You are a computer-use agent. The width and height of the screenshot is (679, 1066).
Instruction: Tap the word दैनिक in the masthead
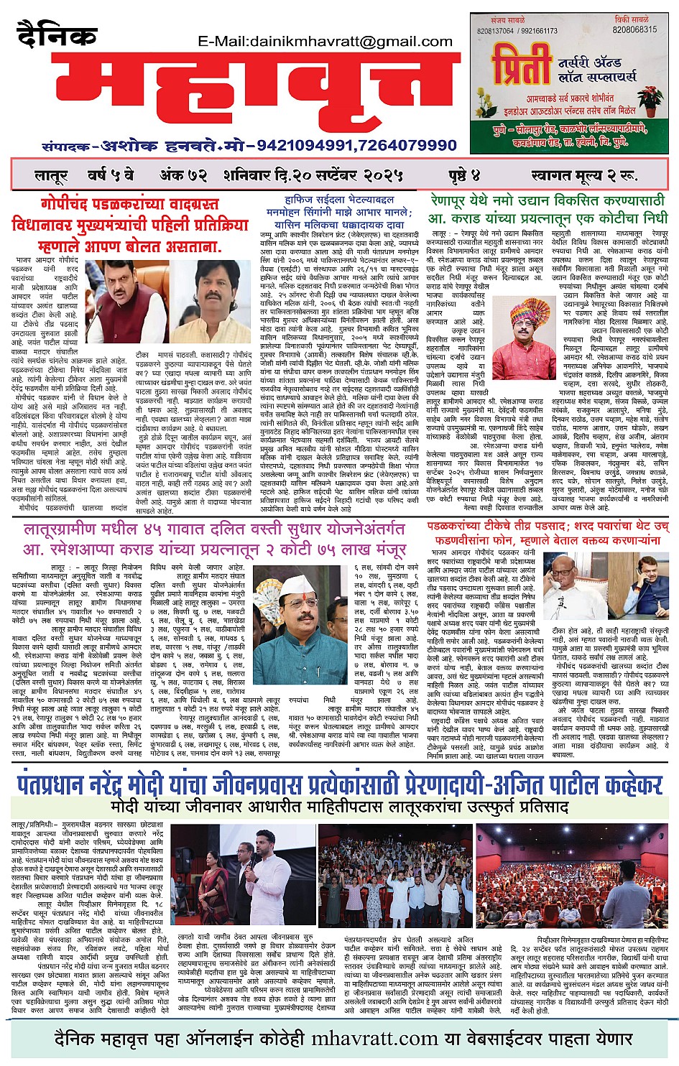click(57, 34)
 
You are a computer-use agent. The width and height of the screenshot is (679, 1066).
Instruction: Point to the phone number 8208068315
click(634, 30)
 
